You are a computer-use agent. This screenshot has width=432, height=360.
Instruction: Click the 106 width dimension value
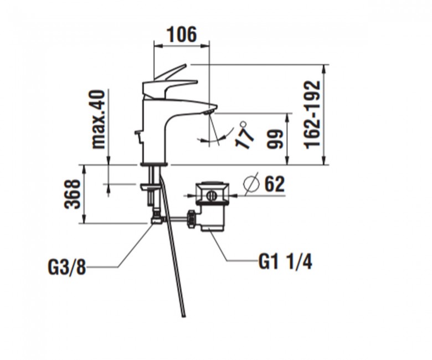click(x=182, y=34)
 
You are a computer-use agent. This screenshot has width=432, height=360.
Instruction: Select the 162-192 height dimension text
click(x=312, y=115)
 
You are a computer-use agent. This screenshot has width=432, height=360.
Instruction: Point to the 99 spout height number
click(x=275, y=140)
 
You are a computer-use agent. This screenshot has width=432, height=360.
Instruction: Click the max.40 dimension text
click(x=99, y=120)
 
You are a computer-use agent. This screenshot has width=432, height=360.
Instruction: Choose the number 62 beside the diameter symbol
click(x=274, y=184)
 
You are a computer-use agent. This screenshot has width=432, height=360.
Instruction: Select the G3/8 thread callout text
click(x=66, y=266)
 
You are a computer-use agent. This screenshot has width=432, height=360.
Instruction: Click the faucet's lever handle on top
click(x=169, y=83)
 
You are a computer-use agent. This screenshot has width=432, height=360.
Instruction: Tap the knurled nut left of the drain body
click(x=191, y=219)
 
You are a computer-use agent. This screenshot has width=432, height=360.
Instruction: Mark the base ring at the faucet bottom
click(x=153, y=164)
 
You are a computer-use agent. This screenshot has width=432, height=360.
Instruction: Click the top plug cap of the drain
click(x=212, y=183)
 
